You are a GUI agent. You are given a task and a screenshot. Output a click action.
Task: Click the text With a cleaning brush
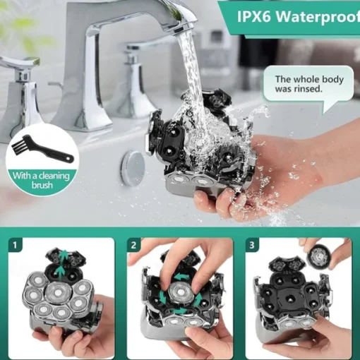click(42, 180)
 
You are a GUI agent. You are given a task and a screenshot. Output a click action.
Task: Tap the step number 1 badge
click(16, 245)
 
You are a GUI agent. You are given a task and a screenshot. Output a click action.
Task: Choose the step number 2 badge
click(133, 245)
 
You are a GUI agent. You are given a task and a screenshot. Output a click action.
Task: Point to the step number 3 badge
click(252, 245)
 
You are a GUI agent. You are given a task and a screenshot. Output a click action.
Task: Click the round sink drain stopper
click(133, 167)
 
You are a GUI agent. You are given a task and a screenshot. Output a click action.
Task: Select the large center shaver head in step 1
click(56, 292)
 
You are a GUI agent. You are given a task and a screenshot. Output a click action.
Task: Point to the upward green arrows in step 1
click(62, 264)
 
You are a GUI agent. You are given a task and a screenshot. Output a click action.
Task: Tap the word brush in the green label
click(42, 185)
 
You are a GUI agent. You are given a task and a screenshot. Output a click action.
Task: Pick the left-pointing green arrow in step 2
click(181, 276)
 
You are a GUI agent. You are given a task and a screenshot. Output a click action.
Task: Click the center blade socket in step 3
click(289, 298)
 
